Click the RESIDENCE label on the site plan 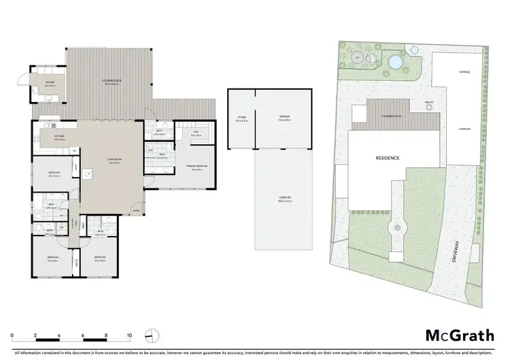coord(388,158)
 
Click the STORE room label coord(241,118)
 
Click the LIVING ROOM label coord(113,161)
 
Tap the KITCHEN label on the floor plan coord(59,137)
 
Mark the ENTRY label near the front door coord(137,210)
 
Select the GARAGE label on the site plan coord(465,71)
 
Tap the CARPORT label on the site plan coord(465,128)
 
